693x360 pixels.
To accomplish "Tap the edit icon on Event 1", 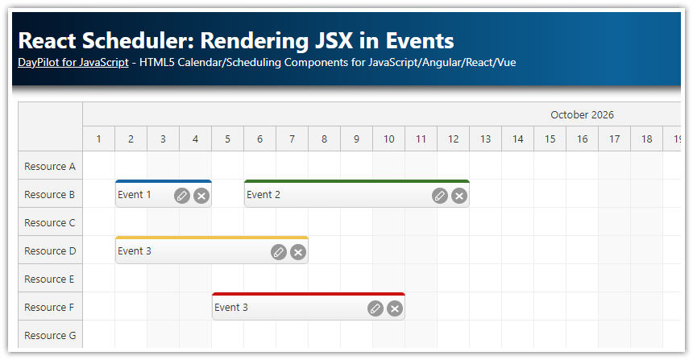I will pyautogui.click(x=182, y=195).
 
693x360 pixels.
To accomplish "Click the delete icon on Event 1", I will pyautogui.click(x=201, y=195).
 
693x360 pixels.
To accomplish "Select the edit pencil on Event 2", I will pyautogui.click(x=439, y=195).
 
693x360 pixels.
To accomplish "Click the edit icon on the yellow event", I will pyautogui.click(x=279, y=252).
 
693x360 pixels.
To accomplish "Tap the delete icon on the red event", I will pyautogui.click(x=395, y=308).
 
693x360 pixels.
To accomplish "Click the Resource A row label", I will pyautogui.click(x=50, y=167).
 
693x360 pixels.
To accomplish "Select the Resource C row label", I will pyautogui.click(x=50, y=223).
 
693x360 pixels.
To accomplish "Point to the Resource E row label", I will pyautogui.click(x=50, y=279).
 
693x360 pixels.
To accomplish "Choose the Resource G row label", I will pyautogui.click(x=50, y=336).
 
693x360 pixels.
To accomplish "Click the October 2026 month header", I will pyautogui.click(x=582, y=115).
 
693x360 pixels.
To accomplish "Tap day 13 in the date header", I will pyautogui.click(x=486, y=139).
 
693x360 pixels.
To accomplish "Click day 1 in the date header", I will pyautogui.click(x=99, y=139).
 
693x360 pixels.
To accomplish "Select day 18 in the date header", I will pyautogui.click(x=647, y=139).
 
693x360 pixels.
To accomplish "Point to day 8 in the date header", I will pyautogui.click(x=325, y=139).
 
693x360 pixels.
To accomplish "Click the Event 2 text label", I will pyautogui.click(x=264, y=195).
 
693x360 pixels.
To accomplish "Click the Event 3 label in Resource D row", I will pyautogui.click(x=135, y=251).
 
